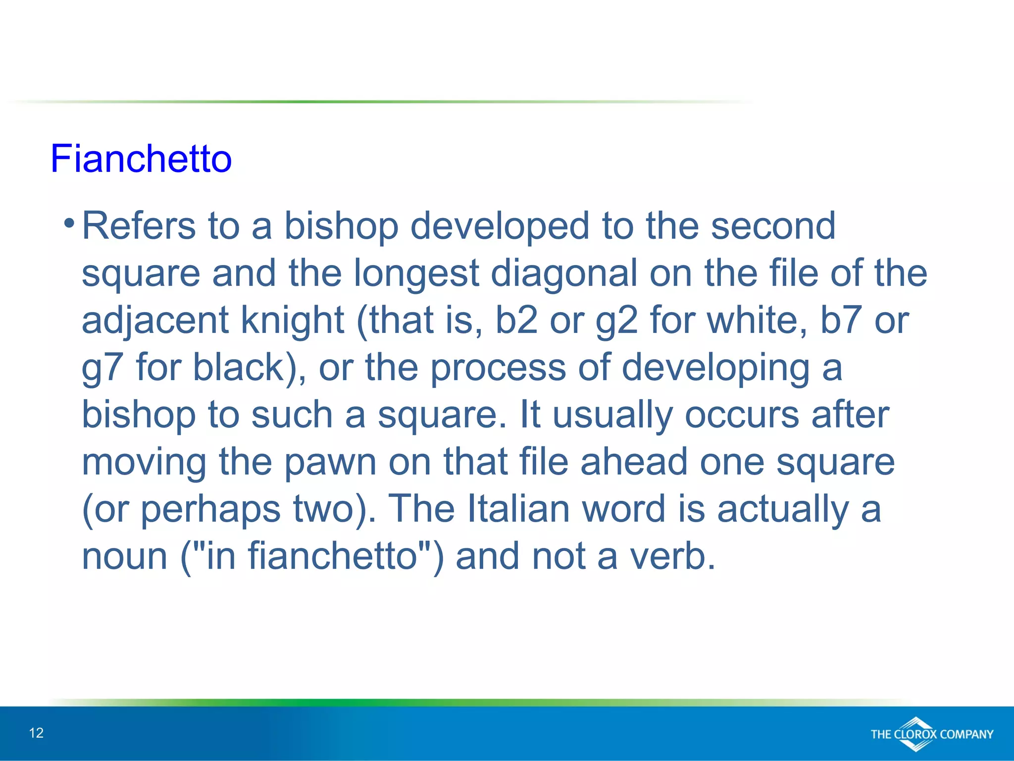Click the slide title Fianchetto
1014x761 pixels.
coord(141,159)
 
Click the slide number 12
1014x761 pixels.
coord(36,733)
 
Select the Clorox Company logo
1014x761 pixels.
coord(931,734)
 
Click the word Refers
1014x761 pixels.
coord(138,226)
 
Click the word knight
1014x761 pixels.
coord(292,321)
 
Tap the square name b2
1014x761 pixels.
coord(516,321)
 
